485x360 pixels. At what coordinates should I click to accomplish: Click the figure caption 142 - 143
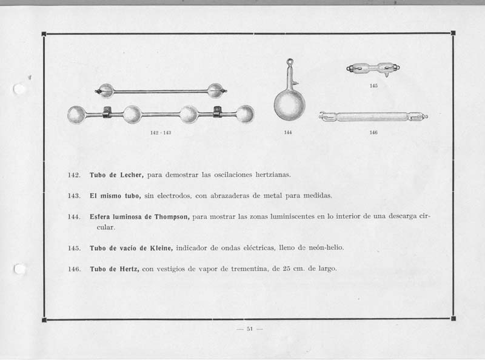click(x=161, y=133)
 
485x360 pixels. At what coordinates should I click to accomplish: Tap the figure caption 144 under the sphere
click(x=287, y=132)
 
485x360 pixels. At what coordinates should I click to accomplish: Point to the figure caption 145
click(x=373, y=85)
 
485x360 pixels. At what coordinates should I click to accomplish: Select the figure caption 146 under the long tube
click(x=373, y=132)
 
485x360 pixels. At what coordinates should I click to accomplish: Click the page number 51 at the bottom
click(x=250, y=328)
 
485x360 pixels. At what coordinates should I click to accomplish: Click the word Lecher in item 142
click(x=132, y=175)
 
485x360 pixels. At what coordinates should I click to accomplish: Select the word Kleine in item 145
click(x=161, y=248)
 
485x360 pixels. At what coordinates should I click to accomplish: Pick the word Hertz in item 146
click(x=129, y=268)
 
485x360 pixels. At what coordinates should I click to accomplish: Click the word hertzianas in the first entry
click(x=273, y=175)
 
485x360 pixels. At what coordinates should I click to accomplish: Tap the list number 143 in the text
click(x=74, y=196)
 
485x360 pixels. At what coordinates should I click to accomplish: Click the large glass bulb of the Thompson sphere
click(x=290, y=105)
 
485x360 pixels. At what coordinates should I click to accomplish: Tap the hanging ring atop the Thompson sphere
click(x=290, y=62)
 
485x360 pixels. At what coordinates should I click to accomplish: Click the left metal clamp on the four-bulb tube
click(x=107, y=112)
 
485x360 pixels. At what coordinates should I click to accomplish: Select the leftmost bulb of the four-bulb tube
click(x=76, y=115)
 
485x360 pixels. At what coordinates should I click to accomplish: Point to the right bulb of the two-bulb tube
click(x=215, y=91)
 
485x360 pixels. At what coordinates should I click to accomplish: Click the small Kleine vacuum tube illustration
click(x=373, y=68)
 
